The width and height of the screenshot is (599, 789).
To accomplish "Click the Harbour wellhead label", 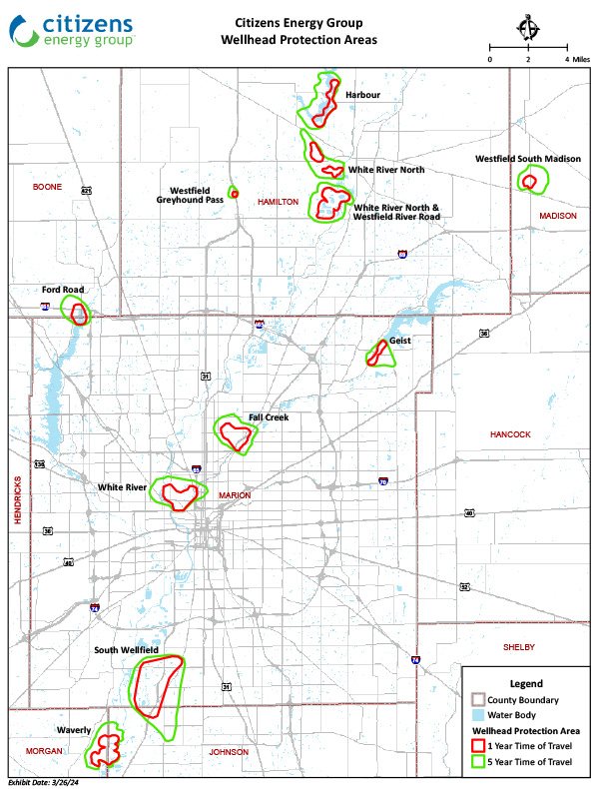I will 363,95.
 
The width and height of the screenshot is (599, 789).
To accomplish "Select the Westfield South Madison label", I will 527,159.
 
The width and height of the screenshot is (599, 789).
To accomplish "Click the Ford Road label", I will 63,289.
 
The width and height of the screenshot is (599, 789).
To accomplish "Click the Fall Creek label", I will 269,417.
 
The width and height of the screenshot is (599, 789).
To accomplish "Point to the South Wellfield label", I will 127,650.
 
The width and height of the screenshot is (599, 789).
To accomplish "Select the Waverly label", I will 75,730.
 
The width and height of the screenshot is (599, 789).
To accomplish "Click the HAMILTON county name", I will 278,202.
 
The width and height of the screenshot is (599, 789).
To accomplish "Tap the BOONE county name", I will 47,187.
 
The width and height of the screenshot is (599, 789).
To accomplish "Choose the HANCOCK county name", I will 510,434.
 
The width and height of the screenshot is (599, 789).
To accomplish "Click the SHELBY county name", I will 520,647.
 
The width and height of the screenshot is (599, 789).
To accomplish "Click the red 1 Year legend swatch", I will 478,746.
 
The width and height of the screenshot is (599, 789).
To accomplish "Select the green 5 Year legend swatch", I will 478,762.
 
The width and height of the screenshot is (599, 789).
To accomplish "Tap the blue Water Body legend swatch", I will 478,715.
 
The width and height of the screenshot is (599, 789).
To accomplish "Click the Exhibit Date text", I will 45,781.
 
